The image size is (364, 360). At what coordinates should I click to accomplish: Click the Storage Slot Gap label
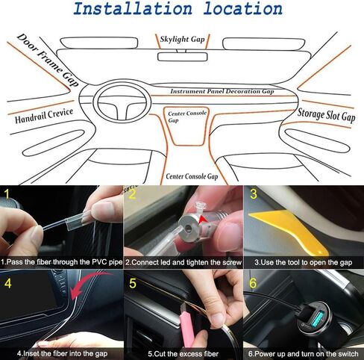coord(326,114)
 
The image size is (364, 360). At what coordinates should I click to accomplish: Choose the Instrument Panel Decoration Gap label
coord(222,91)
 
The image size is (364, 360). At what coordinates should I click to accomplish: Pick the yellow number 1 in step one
coord(7,196)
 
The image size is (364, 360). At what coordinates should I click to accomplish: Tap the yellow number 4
coord(7,283)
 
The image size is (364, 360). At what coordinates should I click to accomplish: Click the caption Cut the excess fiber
coord(181,353)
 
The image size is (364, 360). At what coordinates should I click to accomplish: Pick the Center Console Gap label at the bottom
coord(191,177)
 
